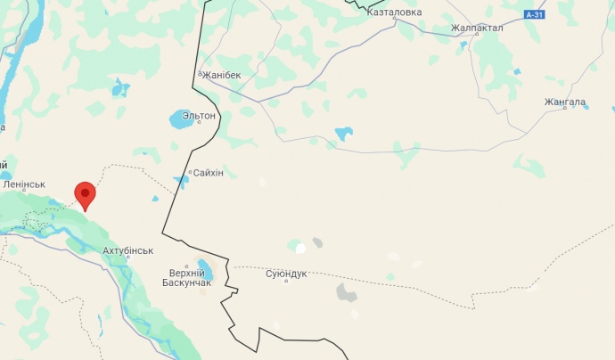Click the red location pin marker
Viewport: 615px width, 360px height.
coord(85,194)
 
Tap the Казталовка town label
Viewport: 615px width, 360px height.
coord(393,12)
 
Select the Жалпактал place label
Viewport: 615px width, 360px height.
coord(477,28)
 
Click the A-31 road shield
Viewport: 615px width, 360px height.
coord(534,15)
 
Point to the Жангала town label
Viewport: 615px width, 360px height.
coord(564,102)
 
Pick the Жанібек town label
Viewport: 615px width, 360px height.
coord(223,75)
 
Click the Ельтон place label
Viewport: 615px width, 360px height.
coord(199,116)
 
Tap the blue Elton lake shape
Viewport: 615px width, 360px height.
coord(180,119)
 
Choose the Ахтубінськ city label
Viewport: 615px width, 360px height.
coord(128,251)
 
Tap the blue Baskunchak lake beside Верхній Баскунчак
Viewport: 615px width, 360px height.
coord(204,269)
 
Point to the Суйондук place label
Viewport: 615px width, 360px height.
coord(286,273)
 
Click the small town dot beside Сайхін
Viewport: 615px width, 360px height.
coord(190,172)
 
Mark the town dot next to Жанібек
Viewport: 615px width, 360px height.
coord(201,74)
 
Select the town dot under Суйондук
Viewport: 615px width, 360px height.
coord(286,282)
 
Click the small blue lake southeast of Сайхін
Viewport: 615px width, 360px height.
coord(182,182)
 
